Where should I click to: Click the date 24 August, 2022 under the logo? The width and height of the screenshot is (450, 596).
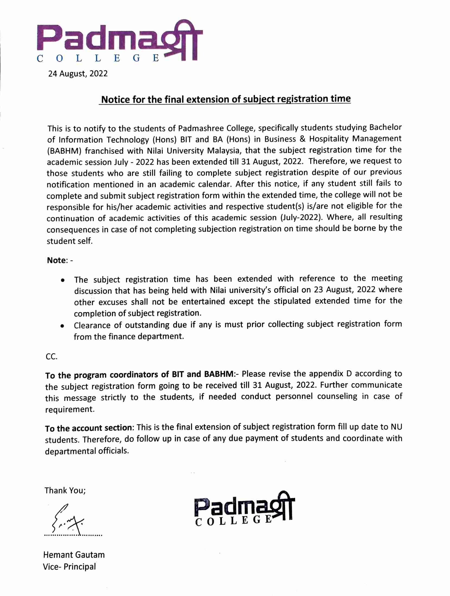click(x=78, y=74)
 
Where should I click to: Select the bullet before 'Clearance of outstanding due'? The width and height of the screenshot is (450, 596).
click(x=63, y=326)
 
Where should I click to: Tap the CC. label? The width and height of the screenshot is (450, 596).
click(x=51, y=357)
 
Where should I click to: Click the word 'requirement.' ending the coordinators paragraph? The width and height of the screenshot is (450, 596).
click(x=70, y=409)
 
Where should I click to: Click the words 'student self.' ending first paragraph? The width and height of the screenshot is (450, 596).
click(x=70, y=241)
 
